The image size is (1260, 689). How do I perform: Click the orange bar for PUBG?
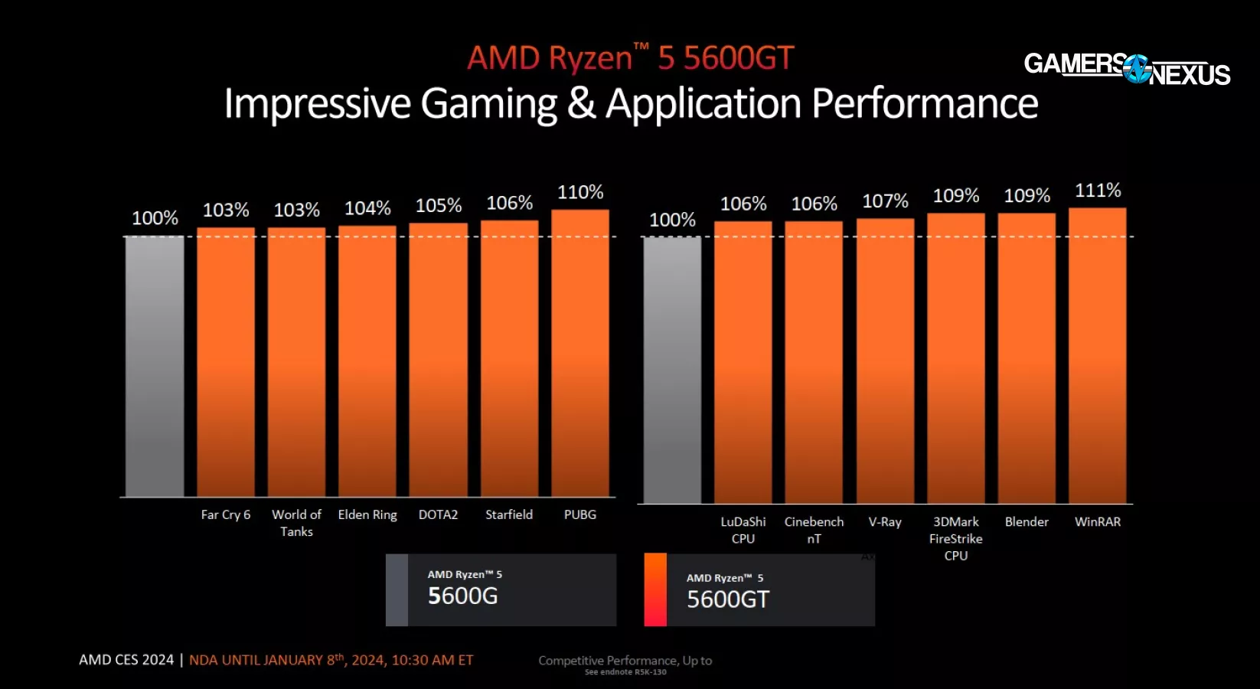(580, 352)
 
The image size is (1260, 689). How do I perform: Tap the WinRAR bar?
(1097, 355)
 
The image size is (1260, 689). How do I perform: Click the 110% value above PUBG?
(580, 192)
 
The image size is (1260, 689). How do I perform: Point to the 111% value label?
(1098, 191)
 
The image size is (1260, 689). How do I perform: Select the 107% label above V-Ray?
(885, 201)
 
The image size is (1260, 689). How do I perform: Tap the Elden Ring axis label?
(367, 515)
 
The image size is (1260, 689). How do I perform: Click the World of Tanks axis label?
(296, 523)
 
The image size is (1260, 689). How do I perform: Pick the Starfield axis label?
(509, 515)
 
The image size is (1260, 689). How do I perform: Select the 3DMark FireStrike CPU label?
(956, 538)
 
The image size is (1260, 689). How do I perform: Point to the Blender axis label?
(1027, 522)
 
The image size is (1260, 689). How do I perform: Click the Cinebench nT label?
(814, 530)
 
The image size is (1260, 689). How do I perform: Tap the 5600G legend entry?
(501, 589)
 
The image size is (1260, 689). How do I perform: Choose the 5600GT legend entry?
(759, 590)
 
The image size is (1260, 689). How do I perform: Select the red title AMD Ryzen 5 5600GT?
(630, 58)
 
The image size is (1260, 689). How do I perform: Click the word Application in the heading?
(703, 104)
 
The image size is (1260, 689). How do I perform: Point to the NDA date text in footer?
(331, 660)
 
